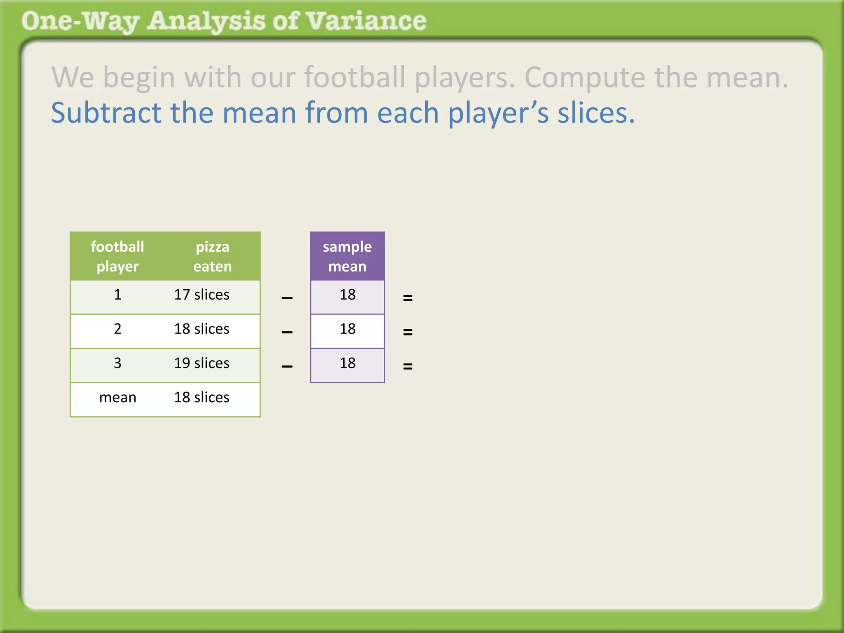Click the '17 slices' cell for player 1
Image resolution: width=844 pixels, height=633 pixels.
202,295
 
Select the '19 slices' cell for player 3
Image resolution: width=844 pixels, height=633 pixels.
202,363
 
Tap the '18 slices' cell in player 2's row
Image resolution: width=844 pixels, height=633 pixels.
202,329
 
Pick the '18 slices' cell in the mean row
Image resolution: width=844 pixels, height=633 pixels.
202,398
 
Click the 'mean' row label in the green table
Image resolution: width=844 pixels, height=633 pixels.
117,398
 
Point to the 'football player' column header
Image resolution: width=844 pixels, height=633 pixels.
117,256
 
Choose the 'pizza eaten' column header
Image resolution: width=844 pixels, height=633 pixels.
212,256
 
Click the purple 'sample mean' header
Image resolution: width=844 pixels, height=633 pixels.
347,256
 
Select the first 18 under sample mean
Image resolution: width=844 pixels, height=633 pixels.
347,295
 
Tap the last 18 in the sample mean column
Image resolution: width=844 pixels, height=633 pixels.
347,363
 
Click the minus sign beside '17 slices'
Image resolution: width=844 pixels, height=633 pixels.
287,298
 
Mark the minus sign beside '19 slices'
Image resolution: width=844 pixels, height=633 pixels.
287,366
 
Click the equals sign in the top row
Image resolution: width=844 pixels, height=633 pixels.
408,298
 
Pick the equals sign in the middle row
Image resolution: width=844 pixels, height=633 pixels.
408,332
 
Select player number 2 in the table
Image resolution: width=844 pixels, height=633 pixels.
117,329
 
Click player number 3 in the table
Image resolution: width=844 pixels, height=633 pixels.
117,363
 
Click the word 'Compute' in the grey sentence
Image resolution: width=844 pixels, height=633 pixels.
584,77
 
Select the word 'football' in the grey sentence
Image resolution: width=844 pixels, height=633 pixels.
354,77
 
